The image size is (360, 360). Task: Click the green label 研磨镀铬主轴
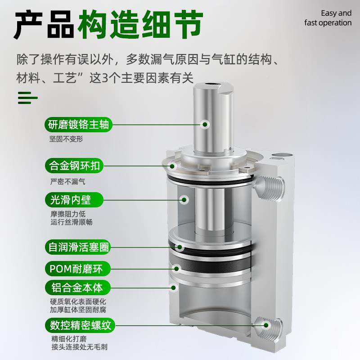(77, 124)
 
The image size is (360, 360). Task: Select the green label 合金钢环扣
(74, 166)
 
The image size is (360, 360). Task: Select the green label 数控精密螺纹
(77, 324)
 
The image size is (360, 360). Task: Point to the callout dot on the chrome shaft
(205, 124)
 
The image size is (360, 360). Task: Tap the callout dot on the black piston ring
(179, 247)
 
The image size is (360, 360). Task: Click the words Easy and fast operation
(327, 18)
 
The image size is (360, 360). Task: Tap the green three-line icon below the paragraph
(27, 97)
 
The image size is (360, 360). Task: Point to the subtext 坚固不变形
(66, 139)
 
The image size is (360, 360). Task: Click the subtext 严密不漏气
(67, 182)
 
